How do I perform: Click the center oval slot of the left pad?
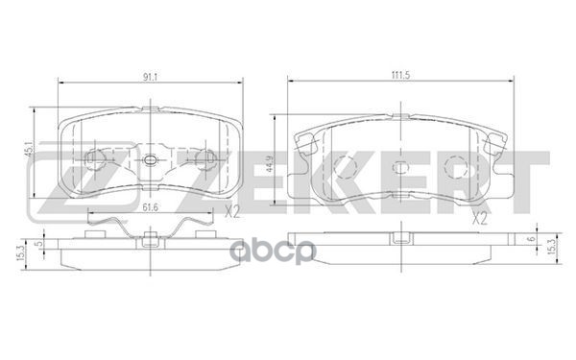point(148,159)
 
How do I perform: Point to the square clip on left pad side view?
point(149,237)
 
